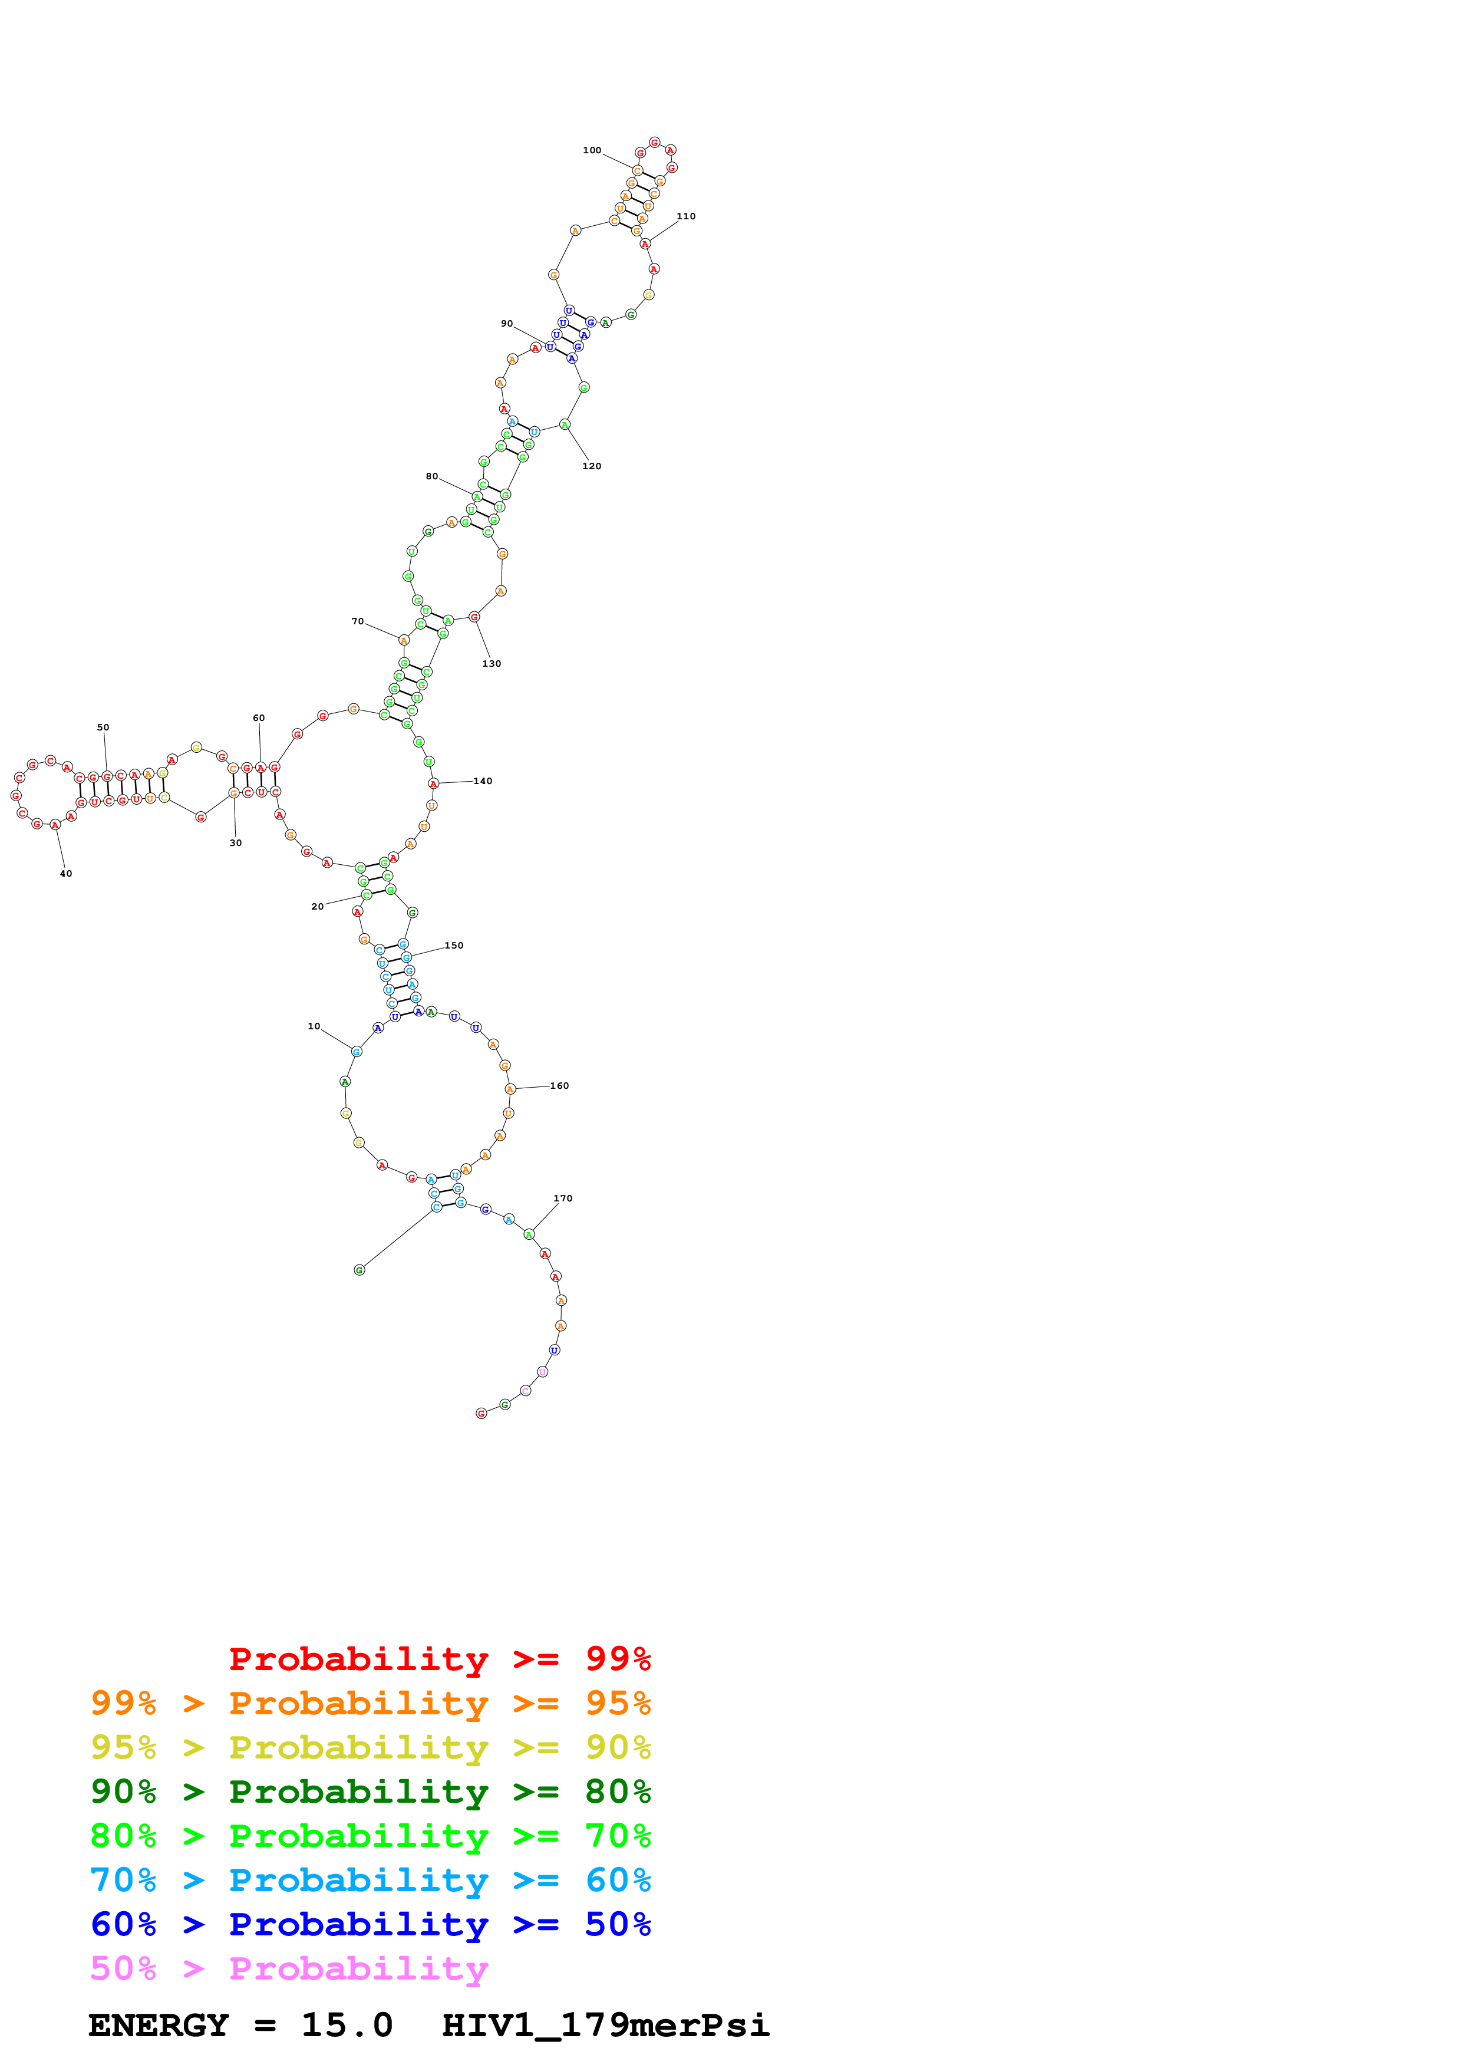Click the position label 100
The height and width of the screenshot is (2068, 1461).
coord(592,150)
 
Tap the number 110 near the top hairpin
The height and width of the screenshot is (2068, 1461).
coord(686,216)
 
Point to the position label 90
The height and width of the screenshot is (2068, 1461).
coord(507,324)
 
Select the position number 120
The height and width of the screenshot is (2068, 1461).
coord(592,466)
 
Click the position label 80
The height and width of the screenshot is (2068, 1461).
coord(432,476)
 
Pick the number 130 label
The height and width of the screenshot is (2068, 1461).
coord(492,664)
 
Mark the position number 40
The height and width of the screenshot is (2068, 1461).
coord(66,874)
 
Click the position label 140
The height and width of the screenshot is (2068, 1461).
coord(483,781)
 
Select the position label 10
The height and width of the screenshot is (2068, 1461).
coord(314,1026)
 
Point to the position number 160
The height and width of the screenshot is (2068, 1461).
coord(560,1085)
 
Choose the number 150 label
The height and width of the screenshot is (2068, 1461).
coord(454,945)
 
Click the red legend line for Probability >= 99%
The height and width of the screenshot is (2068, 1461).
coord(439,1659)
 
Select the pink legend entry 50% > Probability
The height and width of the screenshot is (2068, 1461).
coord(289,1968)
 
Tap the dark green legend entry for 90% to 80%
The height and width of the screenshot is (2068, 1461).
coord(370,1792)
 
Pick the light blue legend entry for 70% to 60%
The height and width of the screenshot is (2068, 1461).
coord(370,1880)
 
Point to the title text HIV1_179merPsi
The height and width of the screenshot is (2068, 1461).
coord(605,2025)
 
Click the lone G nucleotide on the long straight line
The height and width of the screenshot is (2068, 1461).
coord(359,1270)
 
